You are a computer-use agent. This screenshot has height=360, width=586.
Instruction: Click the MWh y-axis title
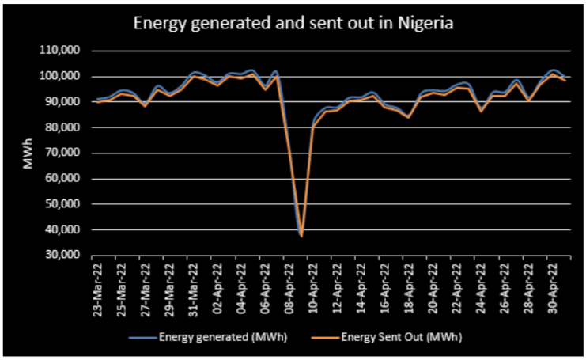28,153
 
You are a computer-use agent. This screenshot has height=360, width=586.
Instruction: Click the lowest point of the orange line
301,236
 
